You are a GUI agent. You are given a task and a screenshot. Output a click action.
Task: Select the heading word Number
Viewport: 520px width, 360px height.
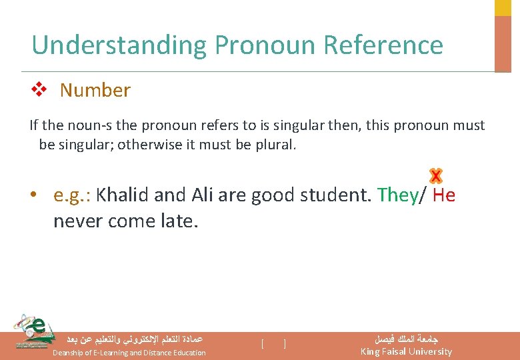pos(95,91)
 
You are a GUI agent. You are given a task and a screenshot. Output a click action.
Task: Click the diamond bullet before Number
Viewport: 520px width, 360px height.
pos(38,90)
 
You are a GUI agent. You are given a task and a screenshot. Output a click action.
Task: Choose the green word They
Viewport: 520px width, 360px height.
pos(397,195)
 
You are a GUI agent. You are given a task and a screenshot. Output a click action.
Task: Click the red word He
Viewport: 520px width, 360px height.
pos(443,195)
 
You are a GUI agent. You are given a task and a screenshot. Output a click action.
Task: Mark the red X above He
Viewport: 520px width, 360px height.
pos(436,176)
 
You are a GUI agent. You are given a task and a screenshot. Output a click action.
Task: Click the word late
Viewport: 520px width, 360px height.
pos(177,220)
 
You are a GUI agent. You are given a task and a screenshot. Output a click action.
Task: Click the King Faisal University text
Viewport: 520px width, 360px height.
pos(405,351)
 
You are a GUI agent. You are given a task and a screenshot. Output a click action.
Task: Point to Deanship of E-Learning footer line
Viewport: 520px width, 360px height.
pos(129,353)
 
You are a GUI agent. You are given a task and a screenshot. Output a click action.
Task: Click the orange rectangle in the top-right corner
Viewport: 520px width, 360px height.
pos(503,43)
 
